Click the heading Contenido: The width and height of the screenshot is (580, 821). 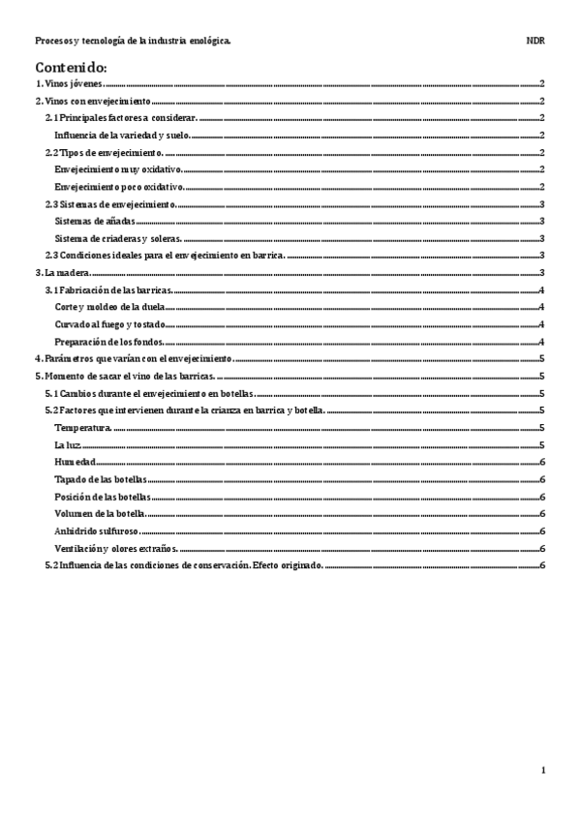click(x=71, y=68)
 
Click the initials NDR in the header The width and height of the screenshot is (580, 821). click(x=535, y=42)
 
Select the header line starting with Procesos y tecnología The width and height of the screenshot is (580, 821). click(x=132, y=42)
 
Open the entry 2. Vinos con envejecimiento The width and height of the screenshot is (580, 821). click(x=93, y=102)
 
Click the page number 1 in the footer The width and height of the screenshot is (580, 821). click(x=544, y=771)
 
